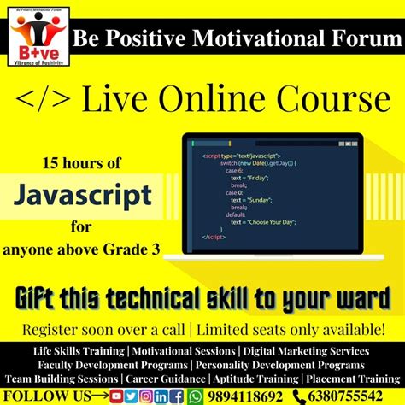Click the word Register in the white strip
click(56, 330)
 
